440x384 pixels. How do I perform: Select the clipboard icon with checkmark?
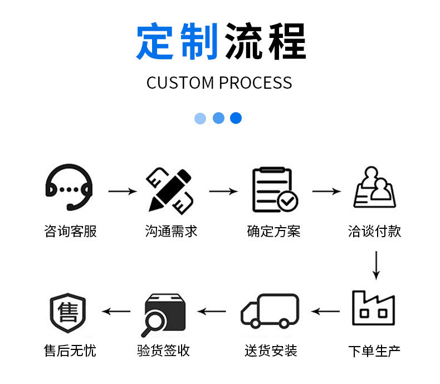274,190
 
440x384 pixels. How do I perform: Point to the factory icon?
373,308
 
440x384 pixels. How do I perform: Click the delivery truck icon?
270,310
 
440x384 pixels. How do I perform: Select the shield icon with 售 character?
68,311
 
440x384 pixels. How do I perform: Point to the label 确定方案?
273,231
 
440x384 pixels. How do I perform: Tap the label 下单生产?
374,351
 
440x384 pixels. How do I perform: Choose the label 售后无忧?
70,351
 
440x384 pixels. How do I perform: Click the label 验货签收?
163,351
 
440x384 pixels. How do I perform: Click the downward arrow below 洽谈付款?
376,265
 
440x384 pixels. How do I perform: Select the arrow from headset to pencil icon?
122,191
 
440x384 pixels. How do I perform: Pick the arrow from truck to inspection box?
212,311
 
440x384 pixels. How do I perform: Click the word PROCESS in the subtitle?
255,83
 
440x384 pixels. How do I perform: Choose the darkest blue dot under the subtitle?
236,118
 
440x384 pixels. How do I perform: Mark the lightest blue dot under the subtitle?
201,118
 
